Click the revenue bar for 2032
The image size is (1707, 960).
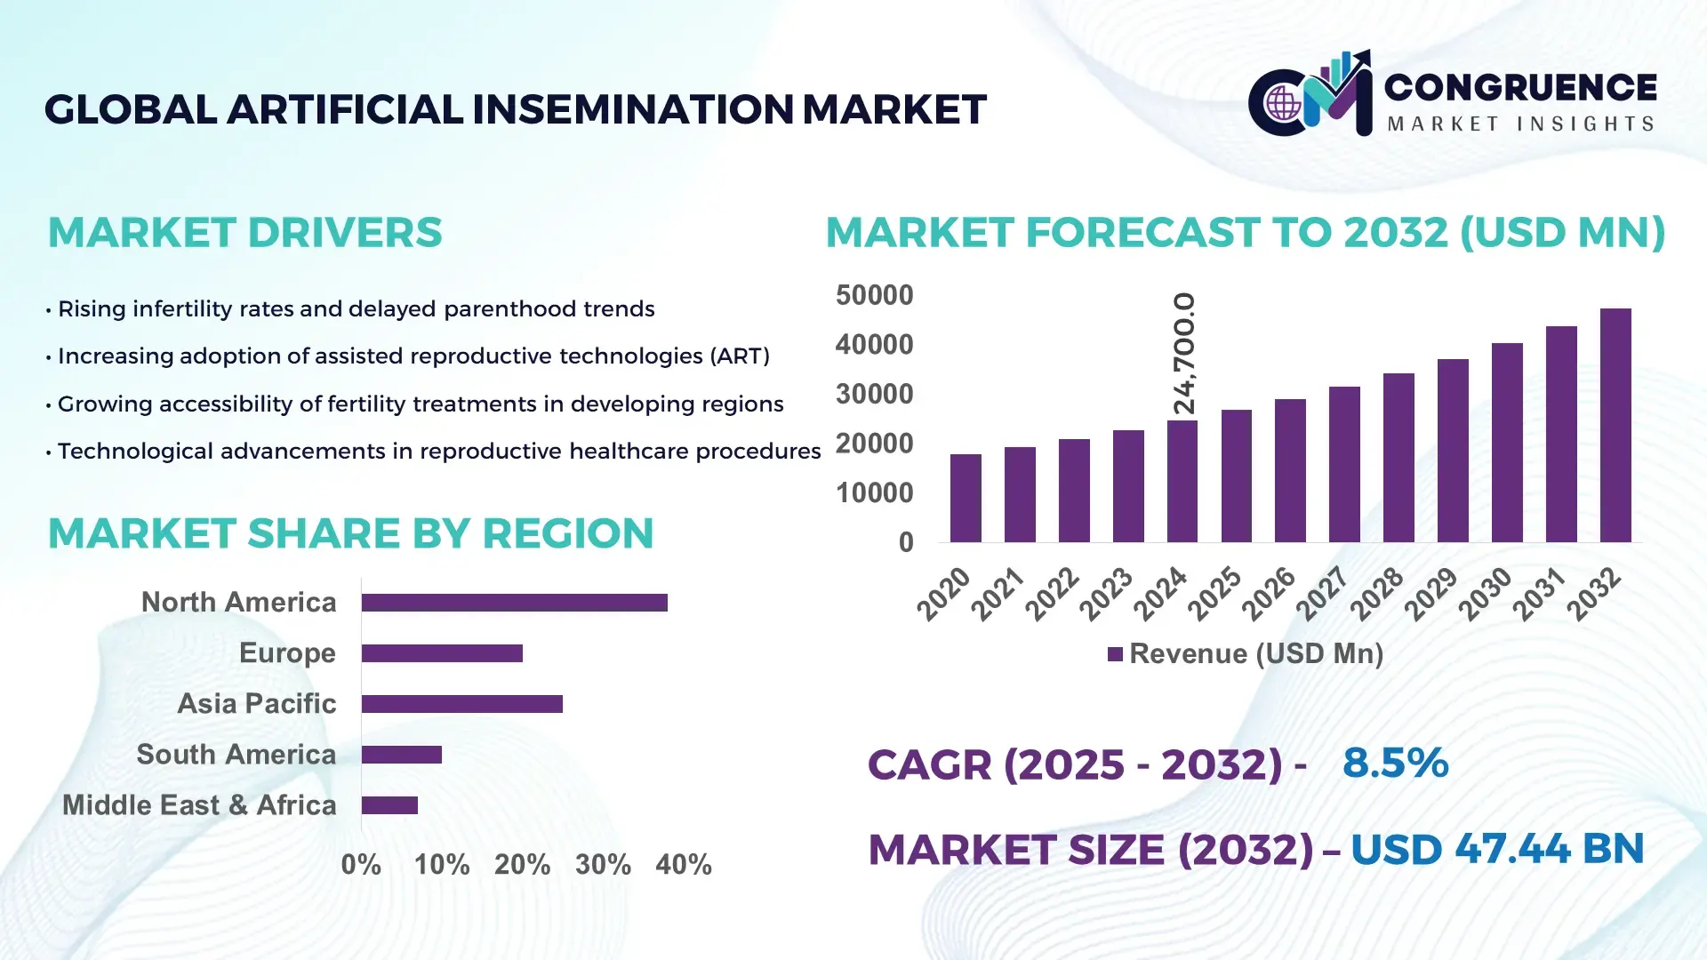1615,426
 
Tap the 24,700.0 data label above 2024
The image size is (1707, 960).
1184,354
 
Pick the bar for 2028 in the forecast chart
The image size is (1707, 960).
1398,458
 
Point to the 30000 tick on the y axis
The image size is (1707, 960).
874,394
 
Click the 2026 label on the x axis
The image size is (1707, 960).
1269,593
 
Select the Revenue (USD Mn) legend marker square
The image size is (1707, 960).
1115,654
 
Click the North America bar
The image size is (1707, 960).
514,603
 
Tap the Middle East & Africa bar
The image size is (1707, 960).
389,805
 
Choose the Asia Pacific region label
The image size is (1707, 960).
256,703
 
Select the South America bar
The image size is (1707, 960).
401,755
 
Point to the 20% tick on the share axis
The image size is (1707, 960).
522,864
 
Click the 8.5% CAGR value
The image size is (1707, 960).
1395,763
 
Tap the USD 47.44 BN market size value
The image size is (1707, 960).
1496,849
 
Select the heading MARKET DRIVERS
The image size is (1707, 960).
244,233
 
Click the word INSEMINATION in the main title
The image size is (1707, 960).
632,109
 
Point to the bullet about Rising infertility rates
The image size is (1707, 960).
356,308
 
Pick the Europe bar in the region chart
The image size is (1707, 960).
442,653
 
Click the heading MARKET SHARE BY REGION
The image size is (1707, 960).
350,533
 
